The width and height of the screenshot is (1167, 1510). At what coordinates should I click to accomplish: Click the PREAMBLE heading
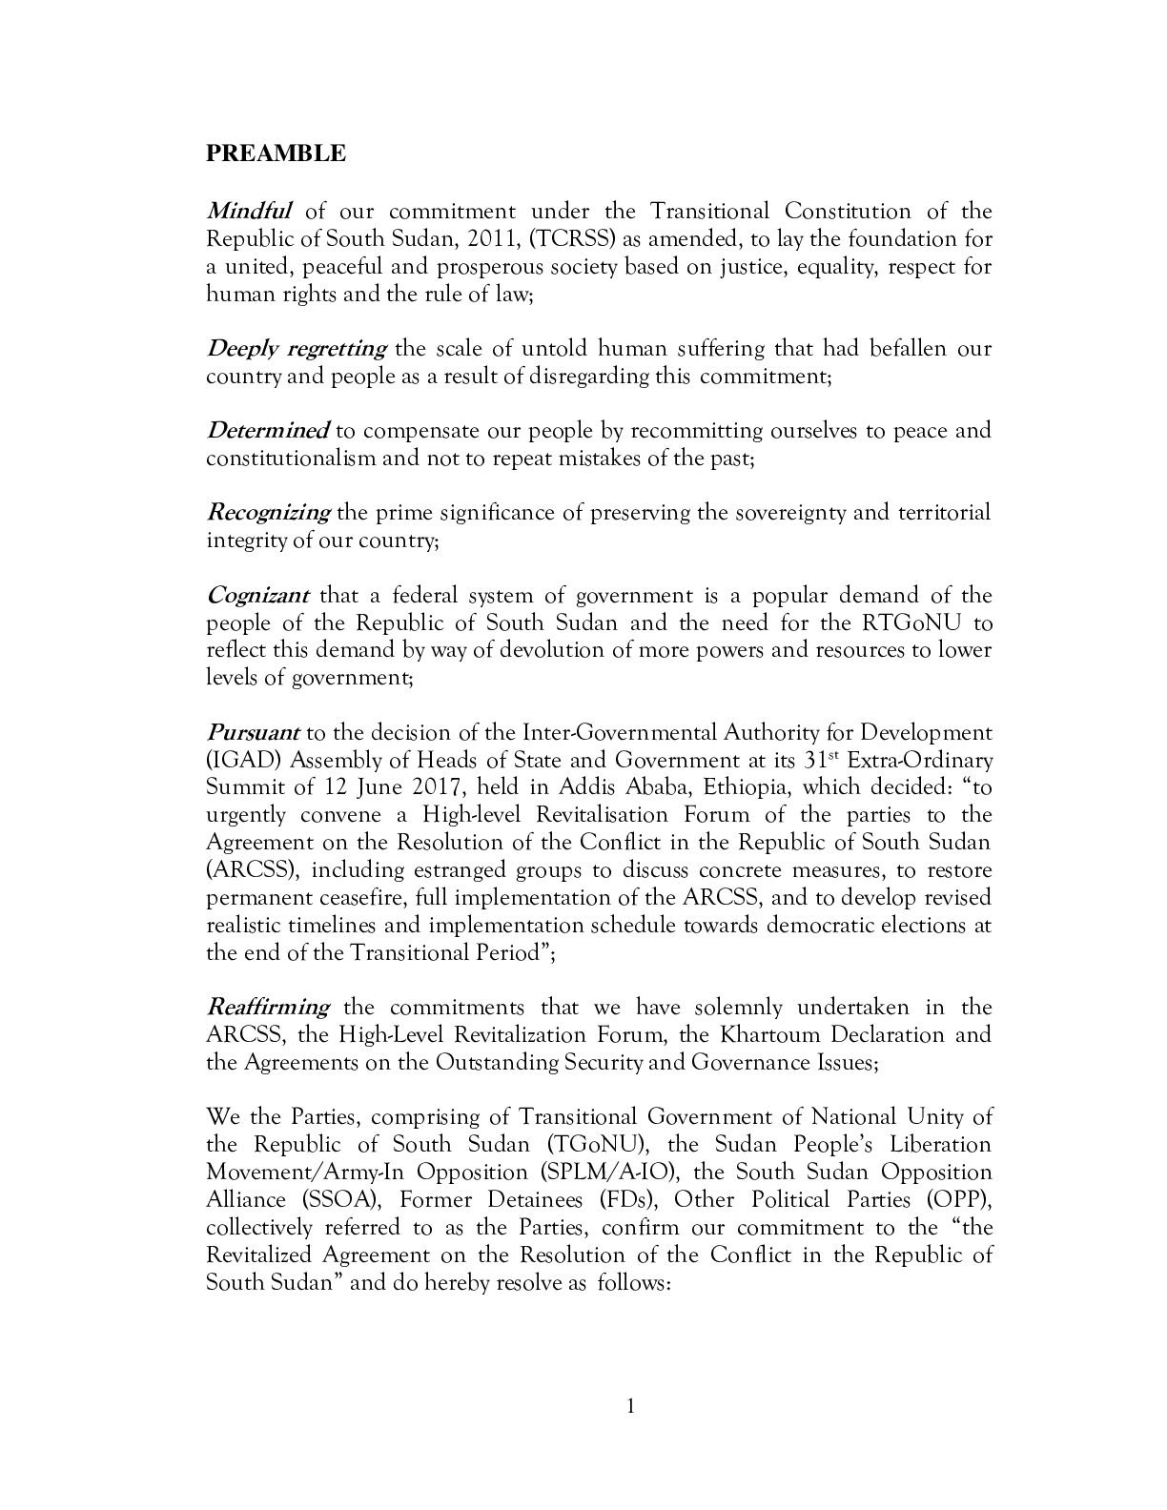(276, 153)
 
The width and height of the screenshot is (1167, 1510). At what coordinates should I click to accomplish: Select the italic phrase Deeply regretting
(297, 348)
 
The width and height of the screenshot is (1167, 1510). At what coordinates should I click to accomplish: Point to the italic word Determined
(268, 430)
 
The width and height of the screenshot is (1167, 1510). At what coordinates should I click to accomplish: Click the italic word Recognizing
(268, 513)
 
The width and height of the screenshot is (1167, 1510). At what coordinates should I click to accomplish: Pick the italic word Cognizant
(257, 596)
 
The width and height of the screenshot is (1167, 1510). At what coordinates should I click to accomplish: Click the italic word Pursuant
(253, 733)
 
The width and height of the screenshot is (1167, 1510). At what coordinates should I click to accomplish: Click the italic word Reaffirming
(268, 1008)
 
